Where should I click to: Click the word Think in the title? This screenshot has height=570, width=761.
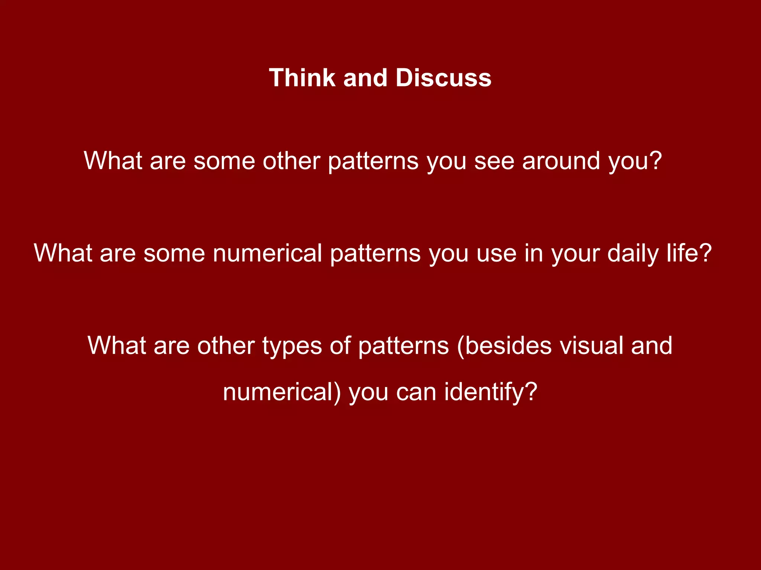click(x=302, y=78)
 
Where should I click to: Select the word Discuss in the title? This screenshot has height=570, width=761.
click(x=443, y=78)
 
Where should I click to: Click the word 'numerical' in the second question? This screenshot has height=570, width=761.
click(x=267, y=253)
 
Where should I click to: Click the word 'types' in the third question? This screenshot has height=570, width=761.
click(x=292, y=346)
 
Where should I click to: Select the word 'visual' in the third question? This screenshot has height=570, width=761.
click(x=591, y=346)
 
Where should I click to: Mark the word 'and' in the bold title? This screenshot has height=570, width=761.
click(x=365, y=78)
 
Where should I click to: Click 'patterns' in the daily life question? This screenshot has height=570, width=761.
click(x=375, y=253)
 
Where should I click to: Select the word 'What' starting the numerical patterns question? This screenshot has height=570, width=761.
click(x=63, y=253)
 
